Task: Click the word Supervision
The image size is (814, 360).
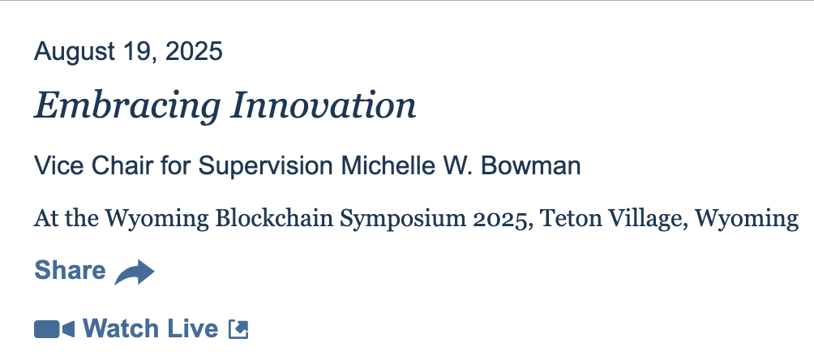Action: point(266,167)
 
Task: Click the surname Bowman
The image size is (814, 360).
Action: point(531,166)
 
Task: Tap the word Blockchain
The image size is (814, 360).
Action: point(273,218)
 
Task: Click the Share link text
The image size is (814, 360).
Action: point(70,271)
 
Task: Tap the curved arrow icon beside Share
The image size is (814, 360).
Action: point(135,272)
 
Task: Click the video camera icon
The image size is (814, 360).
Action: point(54,329)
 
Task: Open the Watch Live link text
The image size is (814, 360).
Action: point(151,329)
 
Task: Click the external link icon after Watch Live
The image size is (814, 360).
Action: point(239,329)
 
